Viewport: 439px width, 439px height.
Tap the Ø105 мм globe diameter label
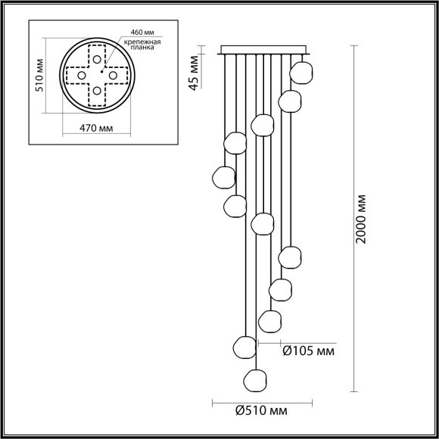coord(307,351)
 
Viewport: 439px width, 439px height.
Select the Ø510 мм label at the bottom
coord(260,411)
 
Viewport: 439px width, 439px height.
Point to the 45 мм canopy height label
coord(193,71)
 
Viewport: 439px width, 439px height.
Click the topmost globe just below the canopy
coord(302,73)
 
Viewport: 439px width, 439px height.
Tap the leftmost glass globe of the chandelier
coord(223,176)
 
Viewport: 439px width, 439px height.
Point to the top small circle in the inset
coord(97,59)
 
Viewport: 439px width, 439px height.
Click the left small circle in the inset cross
coord(80,76)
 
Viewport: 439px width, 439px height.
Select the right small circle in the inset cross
coord(114,76)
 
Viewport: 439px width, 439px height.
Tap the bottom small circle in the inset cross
coord(97,92)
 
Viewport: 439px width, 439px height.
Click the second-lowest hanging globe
coord(244,346)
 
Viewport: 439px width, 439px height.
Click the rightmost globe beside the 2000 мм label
coord(302,73)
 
